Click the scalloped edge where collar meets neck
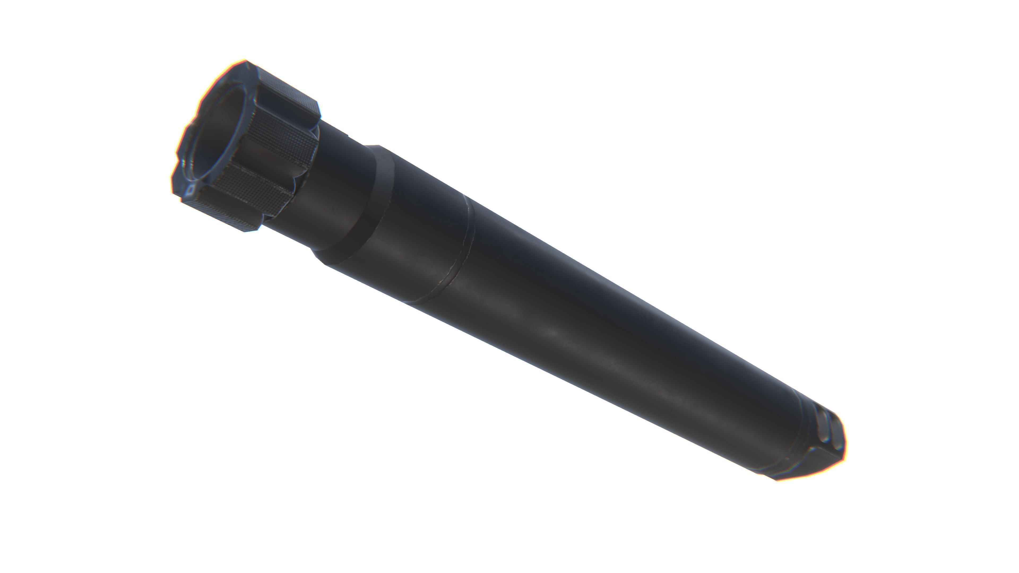[x=306, y=174]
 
